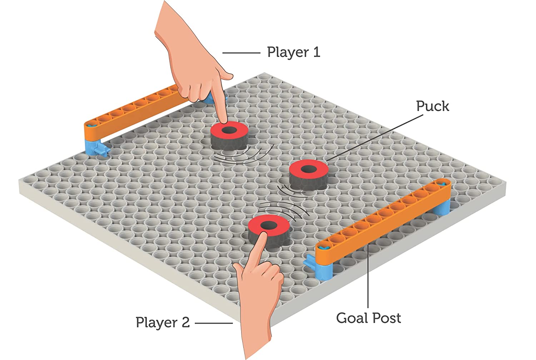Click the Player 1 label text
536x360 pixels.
click(x=294, y=53)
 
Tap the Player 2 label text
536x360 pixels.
click(x=163, y=322)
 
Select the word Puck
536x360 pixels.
click(x=432, y=106)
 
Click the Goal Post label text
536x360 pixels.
click(x=368, y=318)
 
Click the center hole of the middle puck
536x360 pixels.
click(x=309, y=169)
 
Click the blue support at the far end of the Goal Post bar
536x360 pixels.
click(x=442, y=206)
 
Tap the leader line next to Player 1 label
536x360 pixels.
click(x=241, y=53)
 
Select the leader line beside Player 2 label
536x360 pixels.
click(x=214, y=323)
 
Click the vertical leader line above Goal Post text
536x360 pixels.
click(x=368, y=276)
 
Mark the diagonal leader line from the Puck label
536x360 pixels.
click(x=374, y=138)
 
